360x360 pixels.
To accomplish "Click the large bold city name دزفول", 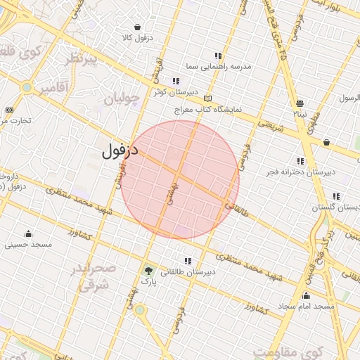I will tap(120, 150).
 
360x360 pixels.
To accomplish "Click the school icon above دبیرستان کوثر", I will tap(176, 81).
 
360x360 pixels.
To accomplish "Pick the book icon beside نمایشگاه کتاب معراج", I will tap(207, 98).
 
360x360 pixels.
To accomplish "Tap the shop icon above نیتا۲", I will tap(300, 103).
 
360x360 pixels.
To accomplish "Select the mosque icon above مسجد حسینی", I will tap(28, 233).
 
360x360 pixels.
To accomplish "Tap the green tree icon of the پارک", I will tap(148, 271).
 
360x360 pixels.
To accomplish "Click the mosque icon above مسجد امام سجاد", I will tap(306, 296).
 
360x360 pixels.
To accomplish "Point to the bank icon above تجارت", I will tap(9, 110).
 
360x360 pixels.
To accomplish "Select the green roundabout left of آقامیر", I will tap(27, 88).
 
